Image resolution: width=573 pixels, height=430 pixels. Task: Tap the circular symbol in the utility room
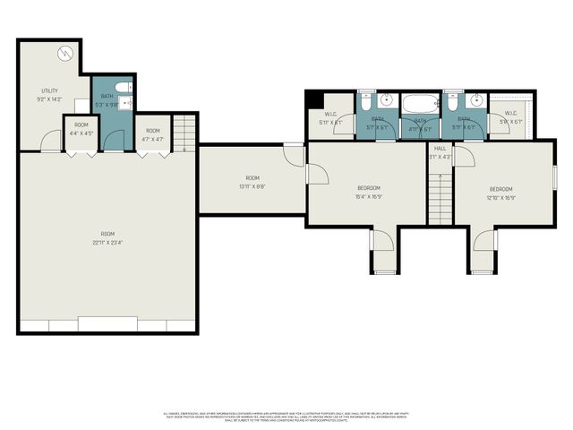coord(64,53)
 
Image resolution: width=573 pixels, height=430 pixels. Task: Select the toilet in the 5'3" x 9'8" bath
coord(127,88)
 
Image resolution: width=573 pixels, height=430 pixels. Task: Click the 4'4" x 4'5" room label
coord(81,128)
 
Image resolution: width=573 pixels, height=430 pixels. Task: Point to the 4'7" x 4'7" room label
coord(153,134)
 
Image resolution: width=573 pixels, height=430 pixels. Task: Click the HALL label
coord(440,149)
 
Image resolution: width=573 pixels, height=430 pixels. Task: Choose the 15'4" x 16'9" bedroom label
coord(369,192)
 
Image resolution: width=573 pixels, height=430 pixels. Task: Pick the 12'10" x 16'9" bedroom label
coord(500,193)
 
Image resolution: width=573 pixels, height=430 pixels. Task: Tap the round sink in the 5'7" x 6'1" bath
coord(387,99)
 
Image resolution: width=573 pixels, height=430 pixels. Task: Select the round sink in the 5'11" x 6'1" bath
coord(475,99)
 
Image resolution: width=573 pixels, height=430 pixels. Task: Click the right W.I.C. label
coord(510,117)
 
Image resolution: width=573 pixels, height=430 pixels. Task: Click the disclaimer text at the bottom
coord(286,417)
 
